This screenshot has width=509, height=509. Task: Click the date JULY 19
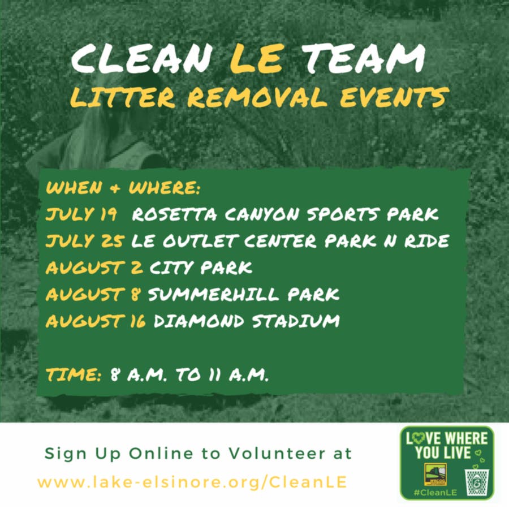coord(81,214)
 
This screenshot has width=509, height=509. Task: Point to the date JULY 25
coord(84,241)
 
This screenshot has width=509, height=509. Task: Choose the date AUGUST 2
coord(94,268)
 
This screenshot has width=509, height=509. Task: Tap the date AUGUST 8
coord(93,294)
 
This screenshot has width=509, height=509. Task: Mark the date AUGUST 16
coord(96,321)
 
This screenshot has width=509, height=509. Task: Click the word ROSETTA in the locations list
coord(174,214)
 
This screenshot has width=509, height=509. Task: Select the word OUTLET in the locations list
coord(200,241)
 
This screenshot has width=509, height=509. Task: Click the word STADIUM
coord(296,321)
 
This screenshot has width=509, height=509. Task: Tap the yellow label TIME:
coord(74,374)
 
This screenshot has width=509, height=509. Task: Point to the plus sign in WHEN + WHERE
coord(115,188)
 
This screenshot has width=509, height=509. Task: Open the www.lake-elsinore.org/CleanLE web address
coord(192,482)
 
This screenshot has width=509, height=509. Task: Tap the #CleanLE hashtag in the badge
coord(435,493)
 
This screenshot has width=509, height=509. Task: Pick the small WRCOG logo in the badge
coord(435,475)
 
